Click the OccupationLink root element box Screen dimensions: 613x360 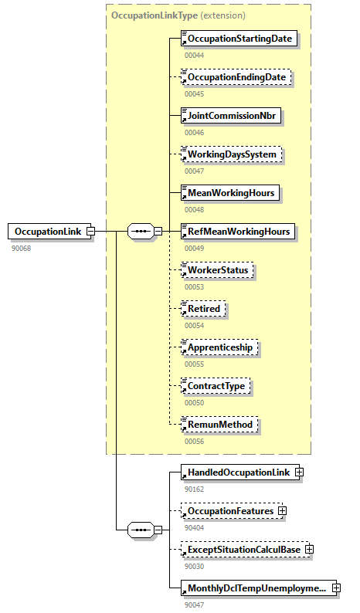pyautogui.click(x=47, y=231)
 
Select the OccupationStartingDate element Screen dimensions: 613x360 pyautogui.click(x=239, y=39)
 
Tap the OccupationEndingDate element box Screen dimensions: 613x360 pyautogui.click(x=236, y=77)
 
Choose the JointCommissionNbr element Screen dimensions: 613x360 pyautogui.click(x=231, y=116)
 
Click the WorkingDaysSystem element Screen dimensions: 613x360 pyautogui.click(x=231, y=154)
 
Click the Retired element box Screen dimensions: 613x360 pyautogui.click(x=203, y=309)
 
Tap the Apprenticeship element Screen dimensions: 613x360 pyautogui.click(x=220, y=347)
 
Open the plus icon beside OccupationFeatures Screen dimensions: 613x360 pyautogui.click(x=283, y=510)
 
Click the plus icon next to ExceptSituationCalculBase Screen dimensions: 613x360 pyautogui.click(x=309, y=549)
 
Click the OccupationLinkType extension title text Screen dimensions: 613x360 pyautogui.click(x=178, y=15)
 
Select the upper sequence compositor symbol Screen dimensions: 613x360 pyautogui.click(x=140, y=231)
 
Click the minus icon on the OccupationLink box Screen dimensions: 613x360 pyautogui.click(x=90, y=231)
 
